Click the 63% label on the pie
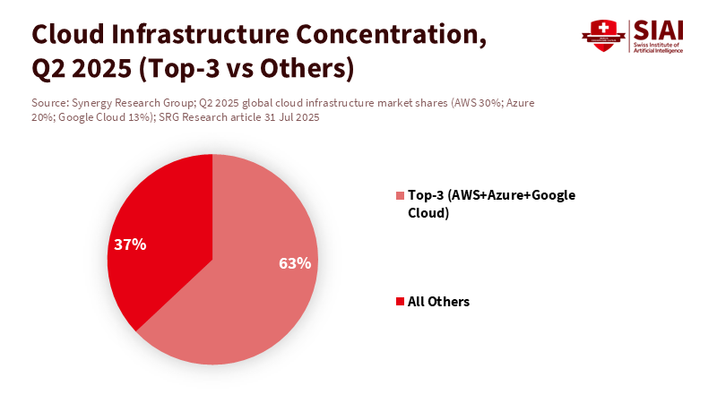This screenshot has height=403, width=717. click(x=295, y=263)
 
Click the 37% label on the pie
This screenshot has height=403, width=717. click(x=130, y=244)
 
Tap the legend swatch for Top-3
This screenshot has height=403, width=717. click(x=400, y=195)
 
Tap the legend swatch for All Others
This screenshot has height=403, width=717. click(x=400, y=302)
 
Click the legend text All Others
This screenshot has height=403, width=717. click(x=438, y=302)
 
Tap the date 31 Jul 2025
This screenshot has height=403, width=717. click(x=289, y=117)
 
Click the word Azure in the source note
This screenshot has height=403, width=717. click(x=521, y=103)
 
